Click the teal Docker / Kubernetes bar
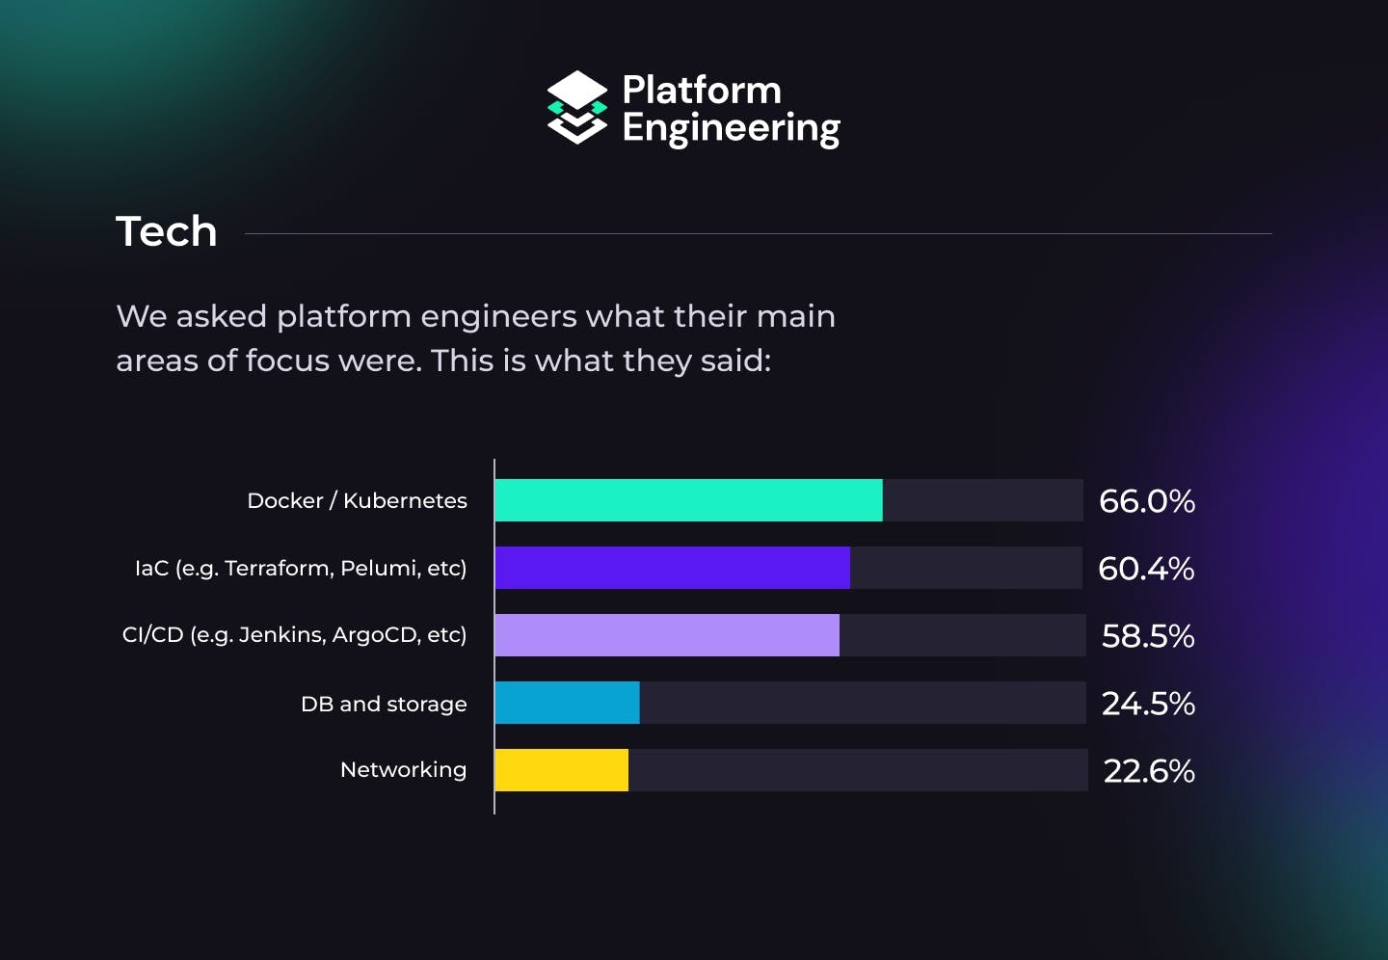pyautogui.click(x=688, y=500)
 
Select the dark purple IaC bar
pyautogui.click(x=673, y=568)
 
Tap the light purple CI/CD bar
pyautogui.click(x=667, y=635)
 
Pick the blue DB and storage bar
pyautogui.click(x=567, y=703)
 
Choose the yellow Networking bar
pyautogui.click(x=562, y=770)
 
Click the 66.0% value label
pyautogui.click(x=1147, y=501)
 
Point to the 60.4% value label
pyautogui.click(x=1147, y=569)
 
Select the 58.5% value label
pyautogui.click(x=1148, y=636)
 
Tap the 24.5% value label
pyautogui.click(x=1148, y=704)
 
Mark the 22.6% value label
pyautogui.click(x=1149, y=771)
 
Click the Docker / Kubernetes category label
pyautogui.click(x=357, y=501)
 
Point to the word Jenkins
pyautogui.click(x=280, y=635)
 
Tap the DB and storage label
pyautogui.click(x=384, y=705)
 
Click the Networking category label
pyautogui.click(x=403, y=770)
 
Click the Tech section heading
pyautogui.click(x=167, y=231)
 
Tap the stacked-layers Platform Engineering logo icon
pyautogui.click(x=577, y=108)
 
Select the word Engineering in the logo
pyautogui.click(x=731, y=129)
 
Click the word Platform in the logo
pyautogui.click(x=702, y=90)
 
